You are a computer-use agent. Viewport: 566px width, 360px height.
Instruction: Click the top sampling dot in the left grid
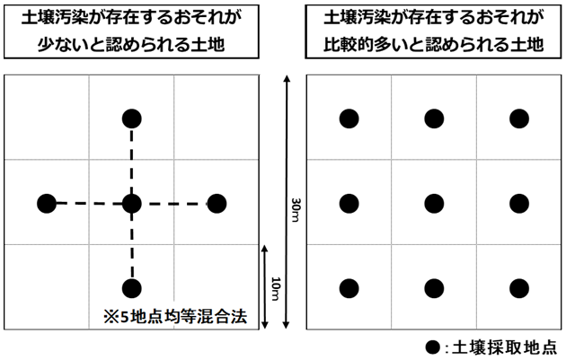point(132,118)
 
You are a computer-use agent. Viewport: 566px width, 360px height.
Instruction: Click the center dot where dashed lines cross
point(132,204)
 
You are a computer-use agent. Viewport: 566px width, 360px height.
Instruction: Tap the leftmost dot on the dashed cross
point(47,204)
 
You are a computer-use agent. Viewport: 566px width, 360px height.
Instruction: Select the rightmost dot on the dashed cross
point(217,204)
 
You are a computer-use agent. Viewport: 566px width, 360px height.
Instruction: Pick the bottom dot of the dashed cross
point(132,288)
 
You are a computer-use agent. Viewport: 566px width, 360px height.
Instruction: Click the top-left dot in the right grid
point(349,118)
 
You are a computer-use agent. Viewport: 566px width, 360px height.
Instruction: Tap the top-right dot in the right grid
point(518,118)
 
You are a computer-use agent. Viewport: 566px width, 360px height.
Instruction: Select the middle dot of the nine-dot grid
point(434,204)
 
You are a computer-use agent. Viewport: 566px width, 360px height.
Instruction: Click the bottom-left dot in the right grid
point(349,288)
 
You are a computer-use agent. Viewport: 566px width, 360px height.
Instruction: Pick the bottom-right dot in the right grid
point(518,288)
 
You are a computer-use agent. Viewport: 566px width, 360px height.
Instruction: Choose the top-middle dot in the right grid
point(434,118)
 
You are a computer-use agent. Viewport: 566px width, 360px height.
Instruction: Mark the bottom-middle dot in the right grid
point(434,288)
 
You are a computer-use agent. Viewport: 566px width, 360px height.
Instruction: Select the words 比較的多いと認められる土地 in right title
point(436,44)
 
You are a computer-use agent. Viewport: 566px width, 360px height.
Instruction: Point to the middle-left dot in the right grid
point(349,204)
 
